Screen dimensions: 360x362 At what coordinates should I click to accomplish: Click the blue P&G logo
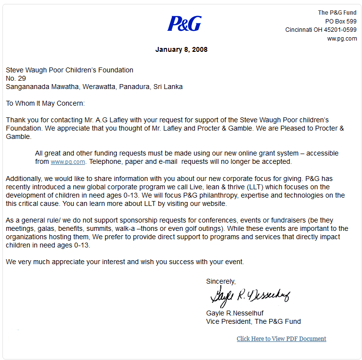184,23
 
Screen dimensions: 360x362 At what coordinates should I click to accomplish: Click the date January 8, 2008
181,49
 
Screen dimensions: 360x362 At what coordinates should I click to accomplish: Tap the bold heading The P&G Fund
337,13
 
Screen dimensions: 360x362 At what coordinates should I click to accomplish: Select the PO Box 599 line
341,22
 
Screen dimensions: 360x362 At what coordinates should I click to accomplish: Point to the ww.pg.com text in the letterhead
342,39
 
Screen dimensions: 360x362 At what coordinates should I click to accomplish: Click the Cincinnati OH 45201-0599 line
321,30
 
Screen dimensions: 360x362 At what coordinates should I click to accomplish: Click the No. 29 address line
16,78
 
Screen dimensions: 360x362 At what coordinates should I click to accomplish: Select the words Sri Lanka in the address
168,87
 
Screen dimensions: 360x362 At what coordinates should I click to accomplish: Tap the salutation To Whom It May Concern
45,103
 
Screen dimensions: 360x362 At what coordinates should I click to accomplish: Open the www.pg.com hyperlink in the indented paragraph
68,161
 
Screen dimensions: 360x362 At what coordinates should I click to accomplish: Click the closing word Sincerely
221,281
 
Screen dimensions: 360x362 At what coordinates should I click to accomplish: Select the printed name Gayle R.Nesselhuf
235,313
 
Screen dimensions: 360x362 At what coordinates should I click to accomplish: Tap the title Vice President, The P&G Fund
254,321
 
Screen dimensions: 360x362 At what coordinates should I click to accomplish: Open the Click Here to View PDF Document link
281,338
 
